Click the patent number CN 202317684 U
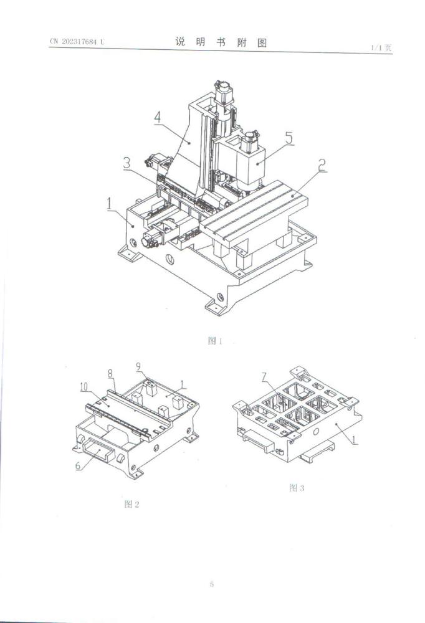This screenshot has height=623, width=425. pos(77,42)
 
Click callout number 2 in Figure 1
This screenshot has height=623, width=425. pos(322,166)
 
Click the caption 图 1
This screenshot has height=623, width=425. pos(214,341)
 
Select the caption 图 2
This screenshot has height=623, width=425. pos(131,504)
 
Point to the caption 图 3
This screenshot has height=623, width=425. pos(297,488)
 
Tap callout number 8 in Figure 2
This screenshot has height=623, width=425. pos(110,374)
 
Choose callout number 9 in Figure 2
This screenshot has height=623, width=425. pos(139,366)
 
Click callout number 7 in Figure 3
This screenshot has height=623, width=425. pos(265,376)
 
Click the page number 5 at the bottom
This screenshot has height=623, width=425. pos(212,584)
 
